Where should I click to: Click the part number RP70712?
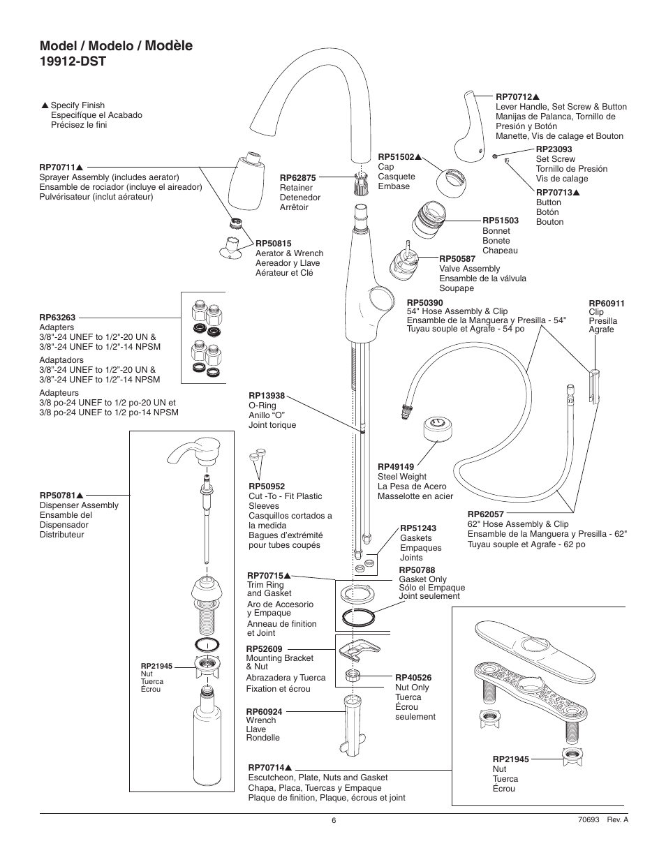(514, 97)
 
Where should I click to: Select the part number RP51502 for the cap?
(396, 157)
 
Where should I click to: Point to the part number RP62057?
(486, 514)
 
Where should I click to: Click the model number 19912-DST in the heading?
(73, 61)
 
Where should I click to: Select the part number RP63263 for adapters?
(57, 318)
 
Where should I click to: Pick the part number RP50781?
(57, 496)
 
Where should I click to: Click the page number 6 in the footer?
(334, 821)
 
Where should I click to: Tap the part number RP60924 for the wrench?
(264, 711)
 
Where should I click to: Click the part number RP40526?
(413, 678)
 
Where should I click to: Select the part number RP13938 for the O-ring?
(267, 396)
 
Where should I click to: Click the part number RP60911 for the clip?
(607, 303)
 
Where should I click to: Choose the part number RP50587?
(457, 259)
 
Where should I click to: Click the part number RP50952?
(267, 486)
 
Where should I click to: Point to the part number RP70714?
(266, 768)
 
